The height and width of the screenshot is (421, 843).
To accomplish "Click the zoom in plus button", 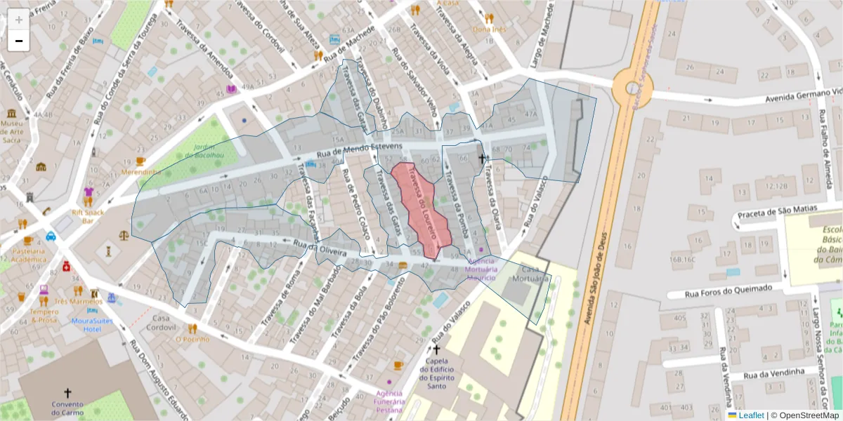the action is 19,20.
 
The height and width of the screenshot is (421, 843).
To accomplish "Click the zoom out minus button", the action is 19,41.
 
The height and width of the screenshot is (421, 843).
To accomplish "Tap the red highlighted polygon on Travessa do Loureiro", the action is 419,208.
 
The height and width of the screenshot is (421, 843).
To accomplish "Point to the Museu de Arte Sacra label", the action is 12,131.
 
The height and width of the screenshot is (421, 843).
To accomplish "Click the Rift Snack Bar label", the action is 88,215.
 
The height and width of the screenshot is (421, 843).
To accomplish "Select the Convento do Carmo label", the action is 67,408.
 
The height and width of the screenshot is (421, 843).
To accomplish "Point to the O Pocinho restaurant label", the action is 192,339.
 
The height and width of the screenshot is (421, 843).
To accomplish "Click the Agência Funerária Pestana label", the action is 388,401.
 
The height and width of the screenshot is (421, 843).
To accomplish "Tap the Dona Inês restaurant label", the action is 489,29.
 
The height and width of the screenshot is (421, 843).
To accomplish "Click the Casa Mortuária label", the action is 534,274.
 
